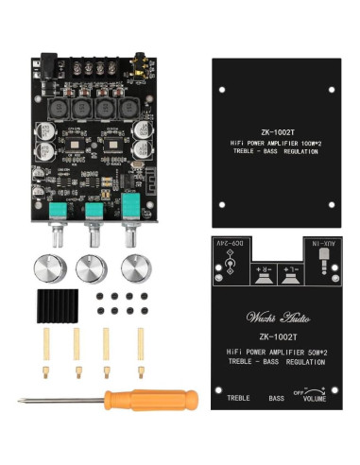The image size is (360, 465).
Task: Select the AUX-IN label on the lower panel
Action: click(x=320, y=244)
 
